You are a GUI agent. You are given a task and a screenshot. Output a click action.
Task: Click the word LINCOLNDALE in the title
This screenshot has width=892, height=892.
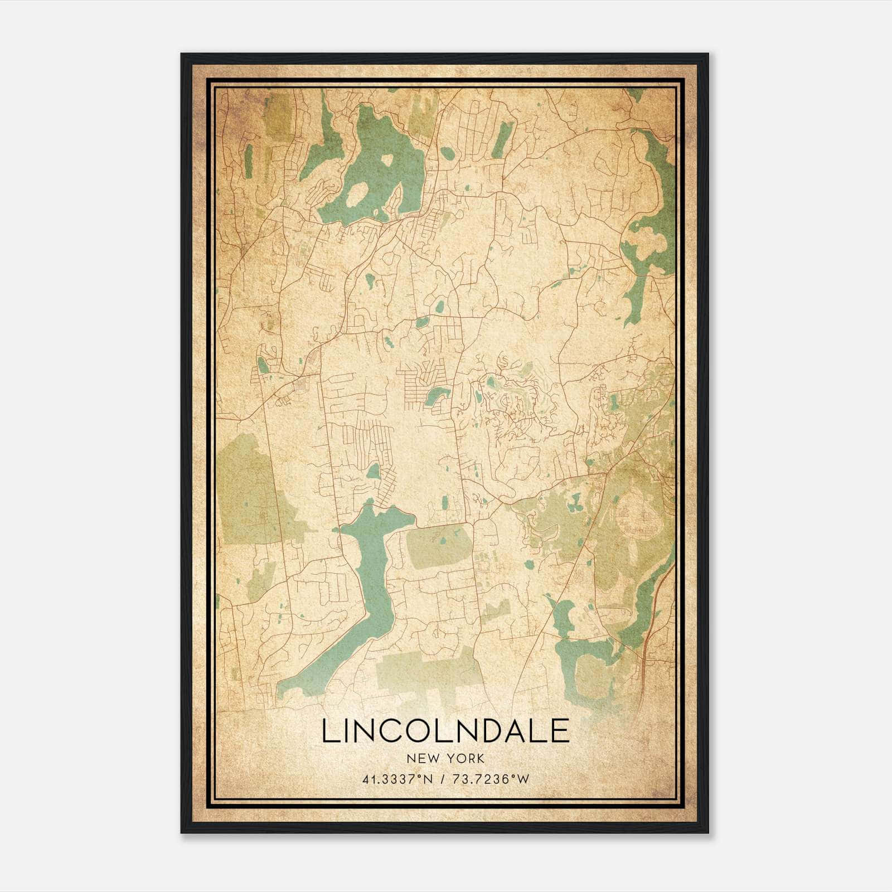click(445, 731)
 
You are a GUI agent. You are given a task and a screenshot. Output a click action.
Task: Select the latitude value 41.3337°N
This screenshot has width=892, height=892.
click(397, 779)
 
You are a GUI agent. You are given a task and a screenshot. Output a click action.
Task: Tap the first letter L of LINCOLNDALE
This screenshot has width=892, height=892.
click(328, 731)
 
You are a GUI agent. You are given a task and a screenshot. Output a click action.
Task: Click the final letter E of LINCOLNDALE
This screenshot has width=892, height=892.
click(561, 731)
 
